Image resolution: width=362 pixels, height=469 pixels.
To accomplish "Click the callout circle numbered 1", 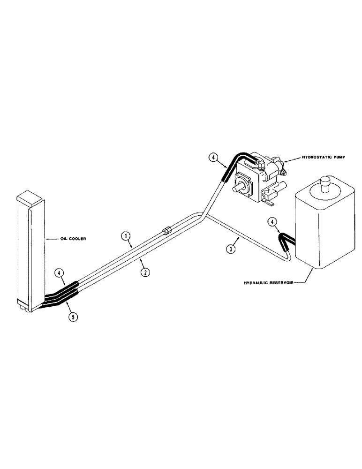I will (126, 236).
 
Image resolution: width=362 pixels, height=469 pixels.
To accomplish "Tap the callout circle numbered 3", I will (230, 249).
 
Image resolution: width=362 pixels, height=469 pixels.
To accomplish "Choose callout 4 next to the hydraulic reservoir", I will (272, 221).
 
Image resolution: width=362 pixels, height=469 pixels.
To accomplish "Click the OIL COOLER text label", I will (71, 238).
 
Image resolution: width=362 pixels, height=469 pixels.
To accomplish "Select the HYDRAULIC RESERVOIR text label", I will (273, 282).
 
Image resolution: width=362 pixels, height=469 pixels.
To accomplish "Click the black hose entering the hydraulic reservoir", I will (286, 239).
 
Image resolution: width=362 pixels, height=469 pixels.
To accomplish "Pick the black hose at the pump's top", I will (239, 162).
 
